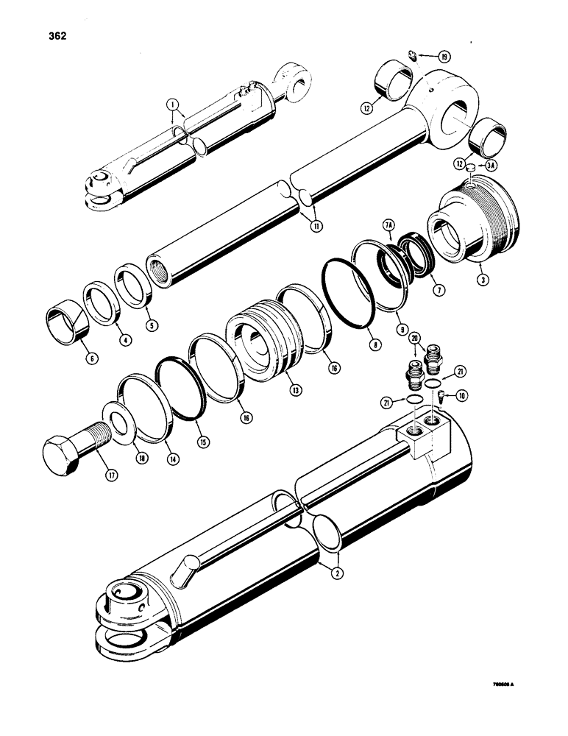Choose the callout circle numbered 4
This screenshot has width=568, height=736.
pos(104,340)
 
